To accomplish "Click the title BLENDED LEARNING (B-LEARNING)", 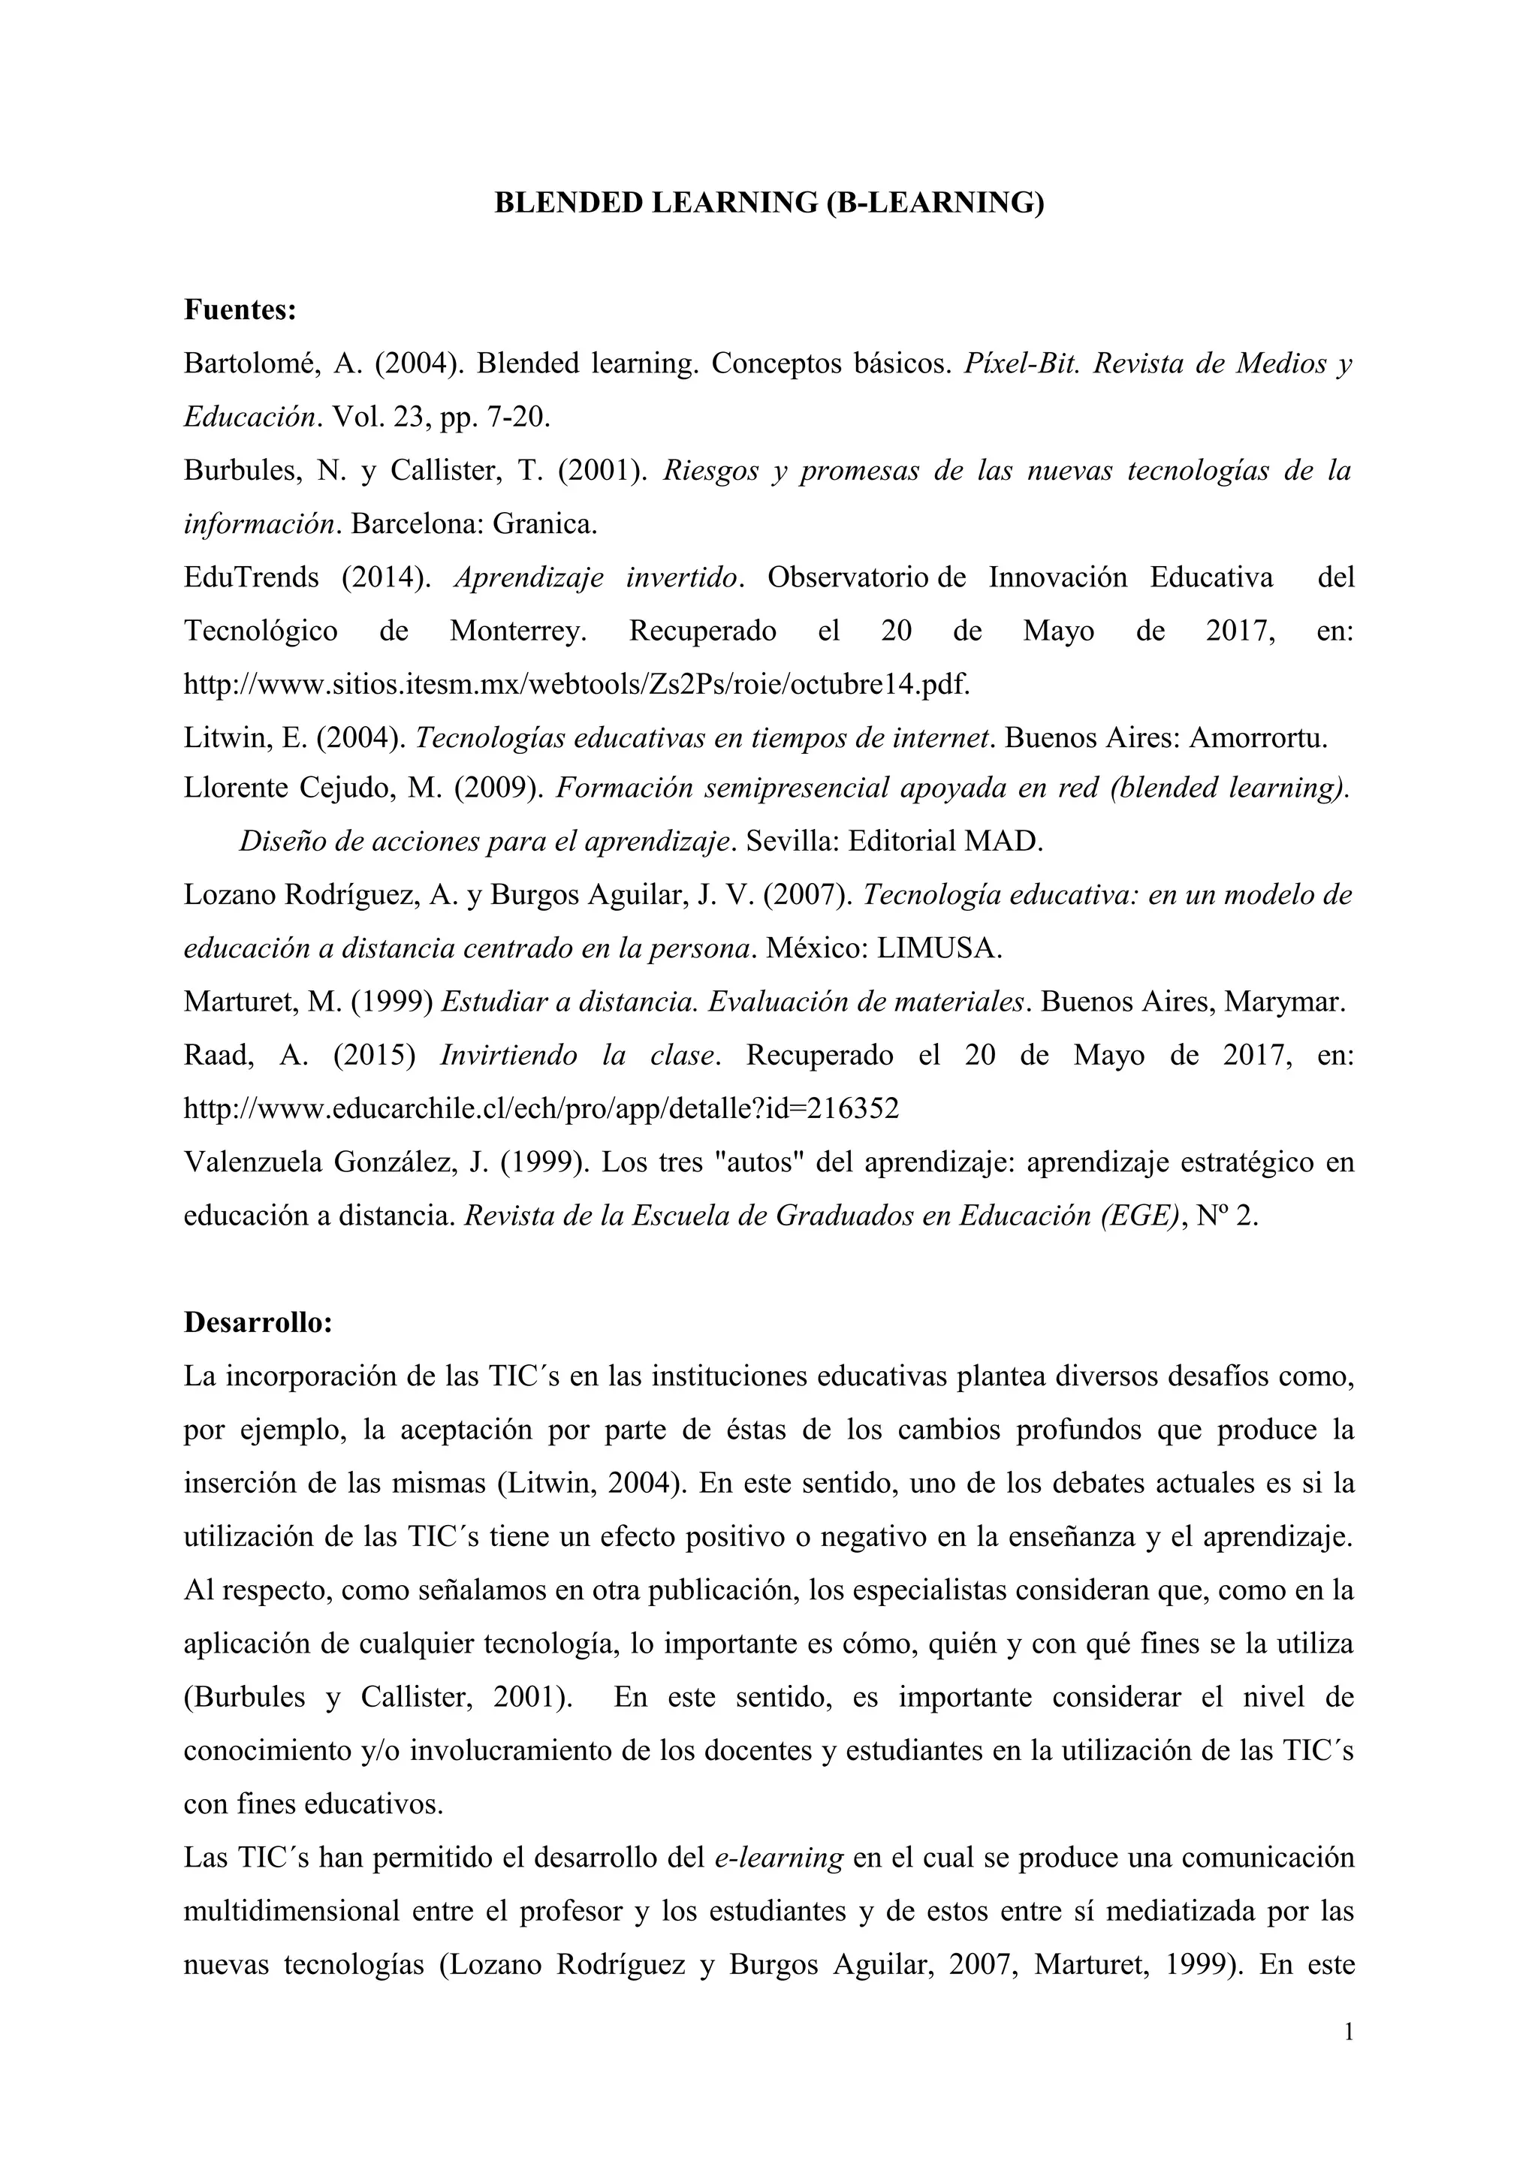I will [768, 203].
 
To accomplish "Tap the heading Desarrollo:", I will [258, 1322].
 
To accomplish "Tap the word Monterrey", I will [517, 631].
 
